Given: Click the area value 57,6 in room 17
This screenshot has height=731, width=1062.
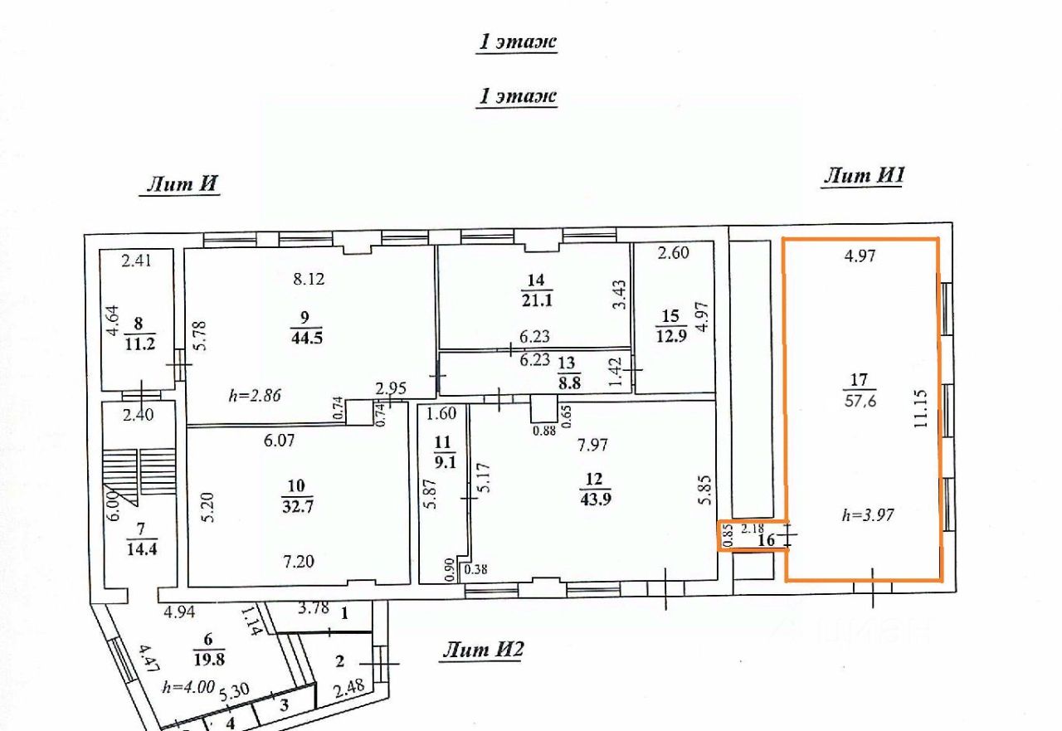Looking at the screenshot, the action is click(860, 401).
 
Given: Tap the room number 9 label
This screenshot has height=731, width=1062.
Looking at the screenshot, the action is click(304, 317).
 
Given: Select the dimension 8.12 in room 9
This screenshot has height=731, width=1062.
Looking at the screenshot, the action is click(309, 279).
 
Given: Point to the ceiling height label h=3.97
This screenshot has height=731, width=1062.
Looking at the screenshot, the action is click(868, 514).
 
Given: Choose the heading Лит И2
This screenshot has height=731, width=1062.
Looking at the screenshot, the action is click(483, 649).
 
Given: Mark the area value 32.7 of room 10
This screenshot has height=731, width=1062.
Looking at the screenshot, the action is click(298, 507).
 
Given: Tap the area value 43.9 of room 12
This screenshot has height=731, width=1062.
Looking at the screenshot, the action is click(596, 500).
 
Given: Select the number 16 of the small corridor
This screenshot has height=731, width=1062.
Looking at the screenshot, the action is click(767, 540).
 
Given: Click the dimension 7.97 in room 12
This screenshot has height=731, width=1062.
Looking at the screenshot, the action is click(592, 445).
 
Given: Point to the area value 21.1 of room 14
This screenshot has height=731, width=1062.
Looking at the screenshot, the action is click(537, 300).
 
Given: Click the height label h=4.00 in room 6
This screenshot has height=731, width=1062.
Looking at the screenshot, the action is click(188, 686).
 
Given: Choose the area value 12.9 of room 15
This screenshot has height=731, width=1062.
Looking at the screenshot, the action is click(671, 336).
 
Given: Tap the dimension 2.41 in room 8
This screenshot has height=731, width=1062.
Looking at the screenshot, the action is click(137, 261).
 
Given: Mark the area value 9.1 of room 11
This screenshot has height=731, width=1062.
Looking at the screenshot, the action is click(445, 462).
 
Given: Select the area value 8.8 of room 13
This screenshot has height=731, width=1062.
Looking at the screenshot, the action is click(569, 383).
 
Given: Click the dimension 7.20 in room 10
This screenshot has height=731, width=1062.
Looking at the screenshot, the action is click(298, 562).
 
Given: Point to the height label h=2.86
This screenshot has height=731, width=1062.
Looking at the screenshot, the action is click(255, 395).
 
